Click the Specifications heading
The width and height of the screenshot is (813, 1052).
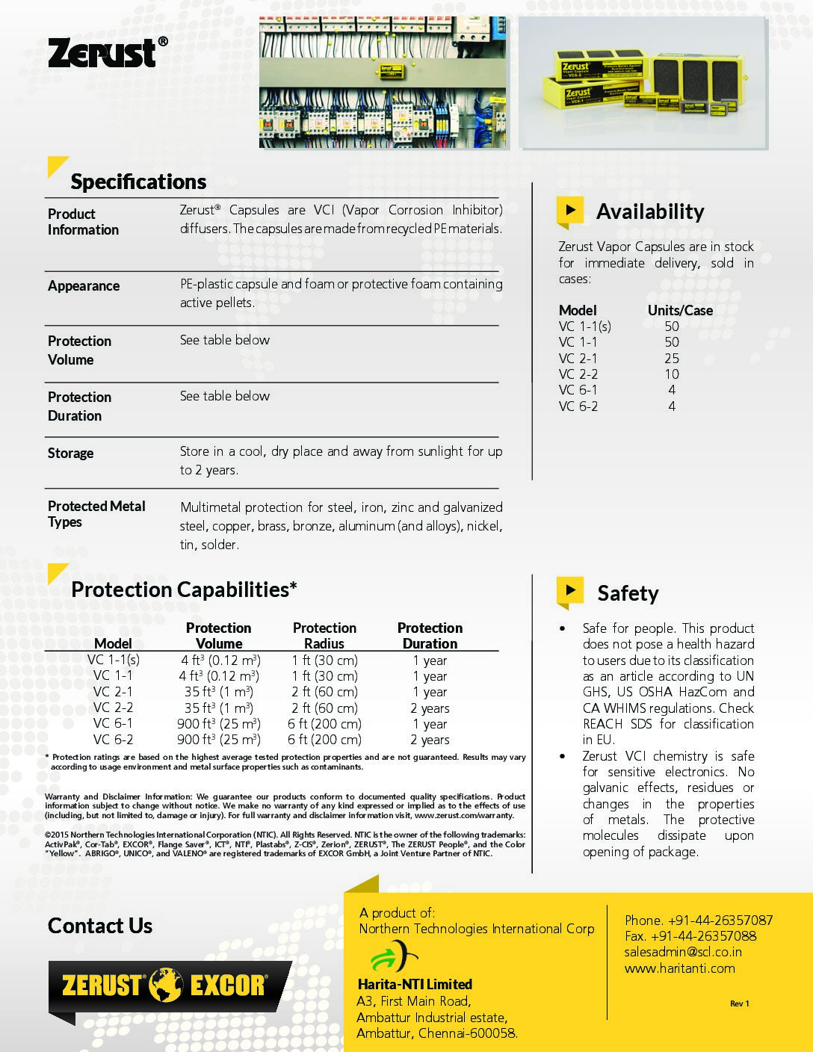[x=138, y=182]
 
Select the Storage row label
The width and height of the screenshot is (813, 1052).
[x=70, y=453]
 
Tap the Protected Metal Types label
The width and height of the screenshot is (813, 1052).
[x=96, y=513]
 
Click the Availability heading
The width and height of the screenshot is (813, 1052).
[x=649, y=211]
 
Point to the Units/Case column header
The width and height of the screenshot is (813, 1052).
[x=680, y=310]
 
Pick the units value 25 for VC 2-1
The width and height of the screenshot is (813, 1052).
[x=672, y=358]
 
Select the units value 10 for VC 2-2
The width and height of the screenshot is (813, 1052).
[x=672, y=374]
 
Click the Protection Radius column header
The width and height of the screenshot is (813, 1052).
[x=324, y=635]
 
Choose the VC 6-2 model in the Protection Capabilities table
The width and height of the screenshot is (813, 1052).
[x=113, y=740]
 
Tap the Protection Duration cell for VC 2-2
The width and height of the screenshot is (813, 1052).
[x=430, y=708]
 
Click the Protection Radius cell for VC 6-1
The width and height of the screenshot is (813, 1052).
[x=324, y=723]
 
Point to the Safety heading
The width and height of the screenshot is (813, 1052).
[x=628, y=593]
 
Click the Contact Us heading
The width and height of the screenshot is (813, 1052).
[x=100, y=926]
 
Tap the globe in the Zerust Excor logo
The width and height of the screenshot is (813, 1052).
[x=165, y=985]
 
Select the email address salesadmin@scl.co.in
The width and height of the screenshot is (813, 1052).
[x=683, y=952]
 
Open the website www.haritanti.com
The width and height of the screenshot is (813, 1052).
[x=679, y=968]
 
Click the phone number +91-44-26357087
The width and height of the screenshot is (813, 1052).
[x=720, y=920]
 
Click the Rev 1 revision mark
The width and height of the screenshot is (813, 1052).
[x=739, y=1003]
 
